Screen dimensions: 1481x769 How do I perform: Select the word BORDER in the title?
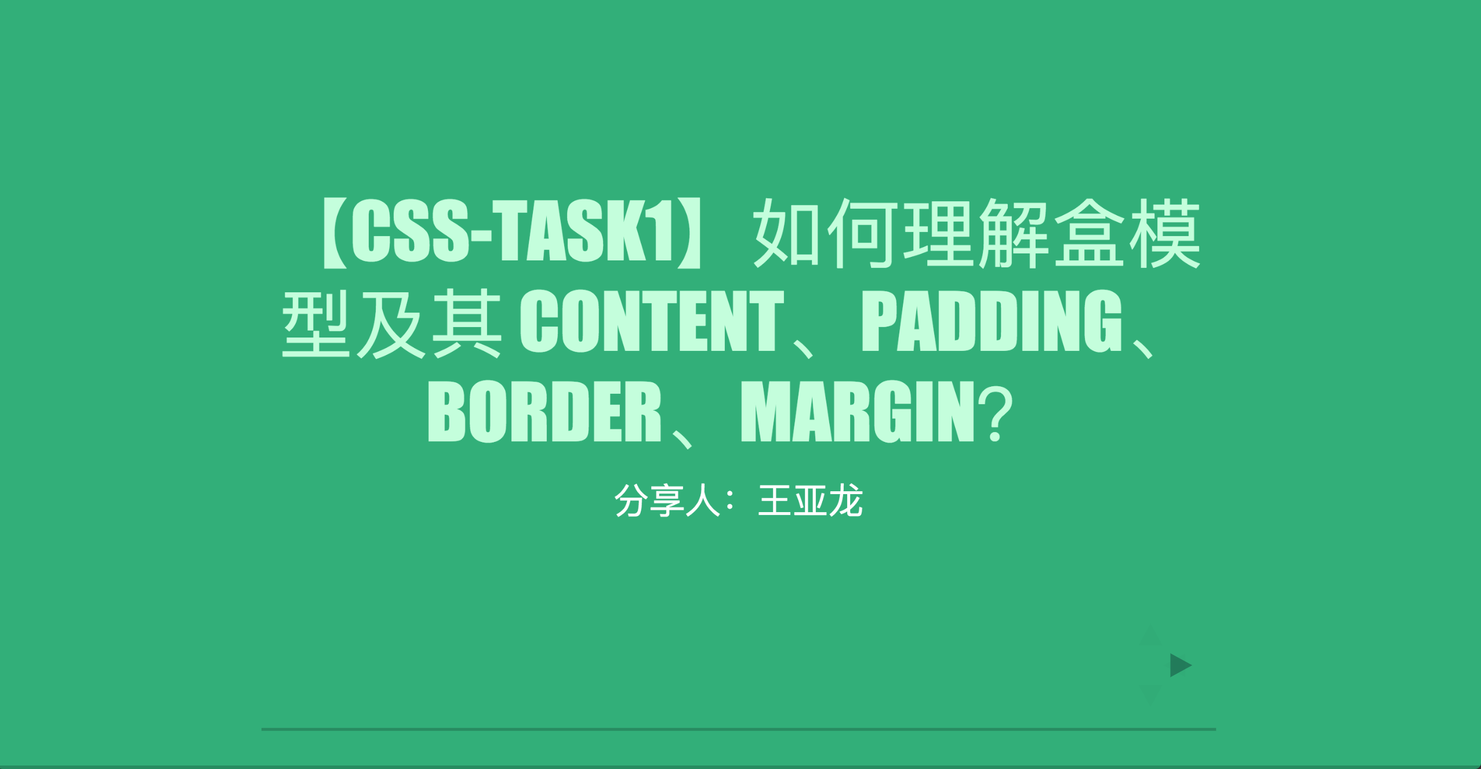tap(545, 411)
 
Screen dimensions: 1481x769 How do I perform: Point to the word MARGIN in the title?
tap(858, 411)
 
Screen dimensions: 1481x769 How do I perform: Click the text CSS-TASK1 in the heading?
tap(513, 231)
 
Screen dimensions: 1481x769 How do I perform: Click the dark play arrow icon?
tap(1180, 665)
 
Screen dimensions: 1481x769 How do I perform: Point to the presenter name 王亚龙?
tap(811, 500)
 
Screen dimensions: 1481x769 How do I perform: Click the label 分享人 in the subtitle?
tap(667, 500)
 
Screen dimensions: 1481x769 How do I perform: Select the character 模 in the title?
tap(1164, 233)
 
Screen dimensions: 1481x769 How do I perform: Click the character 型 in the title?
tap(316, 323)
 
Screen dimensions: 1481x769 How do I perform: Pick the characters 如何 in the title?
tap(825, 233)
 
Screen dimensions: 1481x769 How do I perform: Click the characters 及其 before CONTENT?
tap(429, 323)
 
